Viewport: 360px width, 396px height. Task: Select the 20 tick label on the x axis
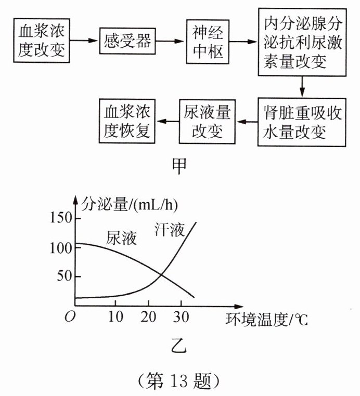[x=148, y=316]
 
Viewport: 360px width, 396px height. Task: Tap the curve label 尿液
[x=121, y=238]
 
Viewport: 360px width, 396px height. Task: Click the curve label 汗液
[x=170, y=229]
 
